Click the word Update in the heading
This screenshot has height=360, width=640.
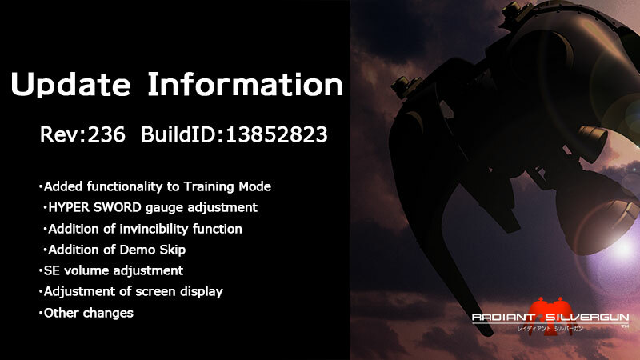pyautogui.click(x=70, y=85)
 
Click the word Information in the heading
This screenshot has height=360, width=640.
pyautogui.click(x=245, y=84)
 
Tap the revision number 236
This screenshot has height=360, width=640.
pyautogui.click(x=106, y=134)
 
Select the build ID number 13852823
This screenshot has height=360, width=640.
pyautogui.click(x=276, y=134)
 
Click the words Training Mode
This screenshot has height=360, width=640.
pyautogui.click(x=227, y=186)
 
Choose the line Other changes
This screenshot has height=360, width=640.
pyautogui.click(x=86, y=313)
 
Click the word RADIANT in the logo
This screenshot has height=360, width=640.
pyautogui.click(x=503, y=318)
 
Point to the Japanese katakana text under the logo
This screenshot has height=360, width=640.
pyautogui.click(x=550, y=328)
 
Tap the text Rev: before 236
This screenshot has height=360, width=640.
pyautogui.click(x=63, y=134)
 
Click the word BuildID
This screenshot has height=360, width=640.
pyautogui.click(x=182, y=134)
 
